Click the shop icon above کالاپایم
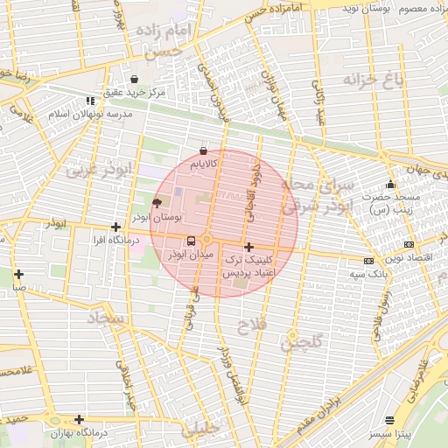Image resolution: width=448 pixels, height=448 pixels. coord(204,150)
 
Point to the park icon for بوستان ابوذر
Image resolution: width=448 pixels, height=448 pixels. coord(157,202)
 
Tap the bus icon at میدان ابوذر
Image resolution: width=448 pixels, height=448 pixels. coord(191,241)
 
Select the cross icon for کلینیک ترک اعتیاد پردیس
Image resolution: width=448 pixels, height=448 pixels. coord(249,247)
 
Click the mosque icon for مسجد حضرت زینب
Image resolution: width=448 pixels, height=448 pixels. coord(390,185)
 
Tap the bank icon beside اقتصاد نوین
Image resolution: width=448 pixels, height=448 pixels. coord(409,244)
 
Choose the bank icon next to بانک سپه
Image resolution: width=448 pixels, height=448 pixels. coord(368,260)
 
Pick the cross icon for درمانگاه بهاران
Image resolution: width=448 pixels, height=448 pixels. coord(79,419)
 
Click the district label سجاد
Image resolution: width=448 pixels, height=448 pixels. coord(108,318)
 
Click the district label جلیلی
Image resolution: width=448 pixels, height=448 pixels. coord(201,429)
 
